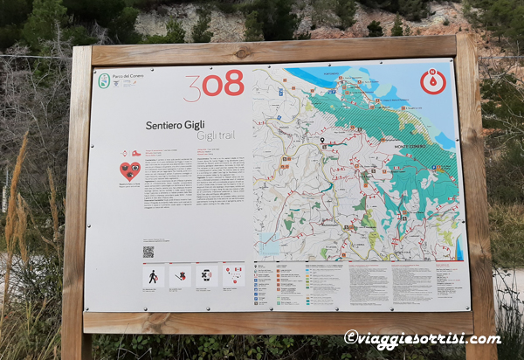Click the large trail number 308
point(213,85)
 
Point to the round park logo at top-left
point(104,80)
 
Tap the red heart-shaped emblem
point(129,170)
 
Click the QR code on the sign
point(148,252)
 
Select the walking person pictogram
point(153,276)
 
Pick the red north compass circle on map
point(433,82)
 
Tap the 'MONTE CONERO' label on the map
point(409,146)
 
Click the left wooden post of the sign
point(77,201)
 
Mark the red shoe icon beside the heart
point(135,153)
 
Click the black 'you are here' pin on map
point(321,140)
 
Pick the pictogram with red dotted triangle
point(233,275)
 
